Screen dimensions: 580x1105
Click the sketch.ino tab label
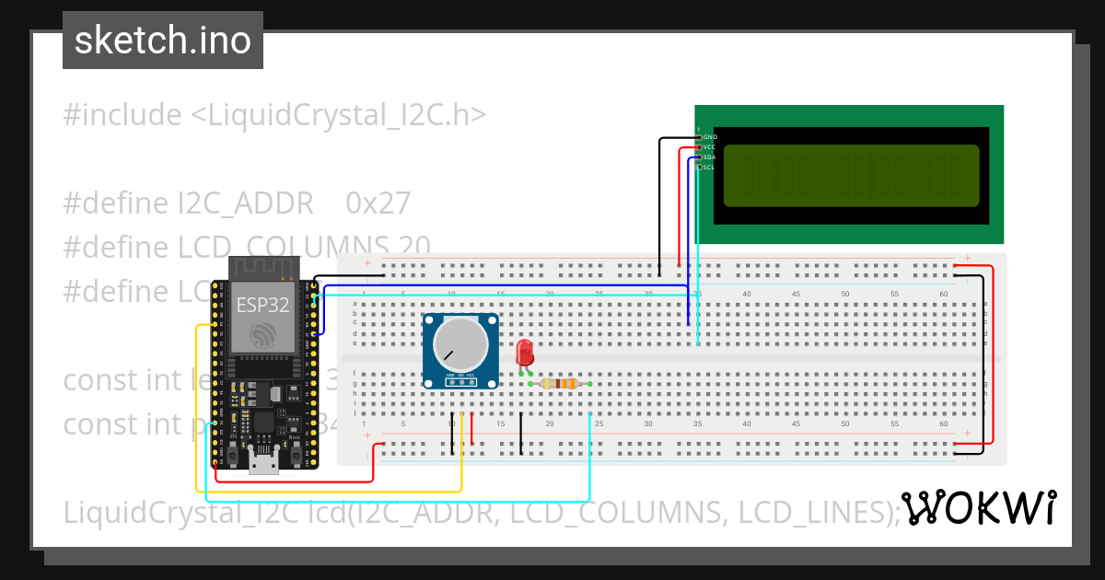click(163, 41)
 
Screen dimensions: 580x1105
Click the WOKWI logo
click(978, 508)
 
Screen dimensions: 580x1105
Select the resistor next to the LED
click(559, 384)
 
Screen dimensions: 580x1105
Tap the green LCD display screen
click(851, 175)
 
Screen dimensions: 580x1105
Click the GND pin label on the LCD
click(710, 136)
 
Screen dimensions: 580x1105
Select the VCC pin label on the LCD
click(710, 146)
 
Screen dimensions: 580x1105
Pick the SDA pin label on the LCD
click(710, 157)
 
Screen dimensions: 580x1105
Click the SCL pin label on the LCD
click(710, 168)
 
